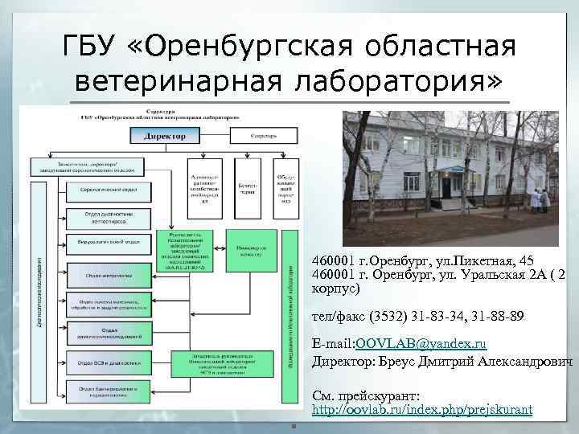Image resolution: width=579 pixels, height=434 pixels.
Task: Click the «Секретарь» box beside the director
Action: (262, 137)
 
